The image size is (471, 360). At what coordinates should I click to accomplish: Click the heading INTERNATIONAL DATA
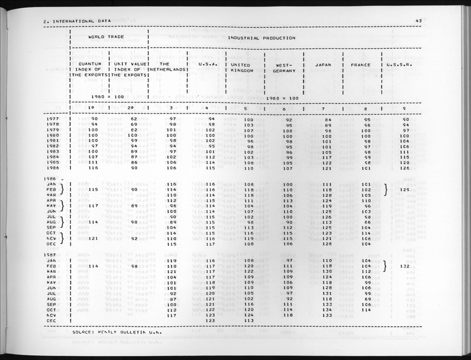(80, 21)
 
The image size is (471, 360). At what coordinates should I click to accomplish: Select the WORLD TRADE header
(106, 38)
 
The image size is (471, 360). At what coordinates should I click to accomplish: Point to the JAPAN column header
(323, 65)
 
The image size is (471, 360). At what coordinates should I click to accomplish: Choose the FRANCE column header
(361, 65)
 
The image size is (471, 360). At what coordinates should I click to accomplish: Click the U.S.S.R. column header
(400, 65)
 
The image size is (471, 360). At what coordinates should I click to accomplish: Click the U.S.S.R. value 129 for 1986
(405, 190)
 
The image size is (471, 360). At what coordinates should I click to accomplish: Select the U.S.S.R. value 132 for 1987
(405, 266)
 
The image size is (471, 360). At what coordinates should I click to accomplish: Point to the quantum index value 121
(94, 239)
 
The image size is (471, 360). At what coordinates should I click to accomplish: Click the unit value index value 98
(133, 266)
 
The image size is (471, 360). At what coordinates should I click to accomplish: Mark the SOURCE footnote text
(116, 332)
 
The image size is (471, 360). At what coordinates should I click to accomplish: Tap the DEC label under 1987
(52, 321)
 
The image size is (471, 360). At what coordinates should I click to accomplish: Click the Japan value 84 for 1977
(327, 119)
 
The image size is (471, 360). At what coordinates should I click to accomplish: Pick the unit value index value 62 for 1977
(133, 119)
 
